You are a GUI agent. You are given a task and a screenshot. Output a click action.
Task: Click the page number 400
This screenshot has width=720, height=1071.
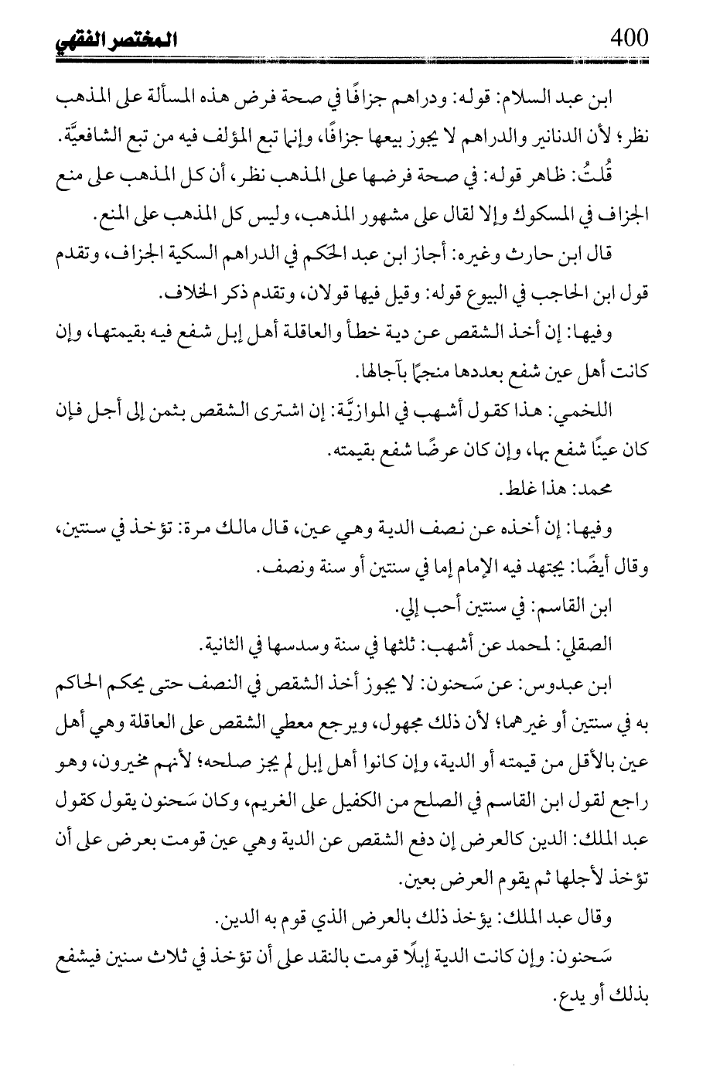tap(628, 36)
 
